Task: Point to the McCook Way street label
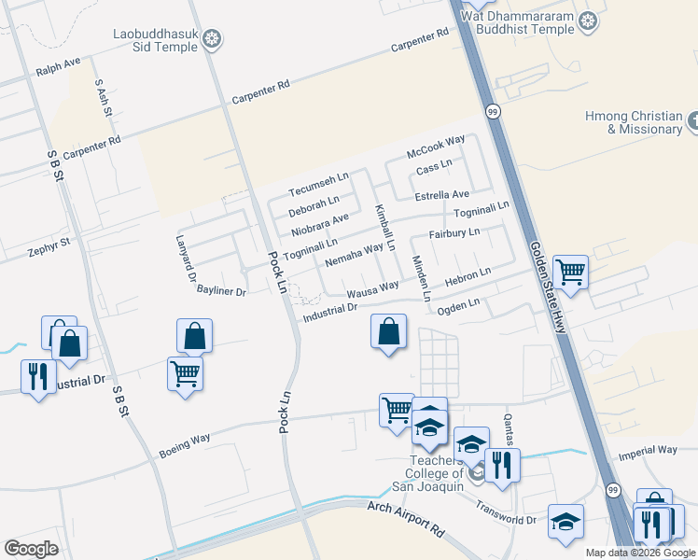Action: [x=435, y=147]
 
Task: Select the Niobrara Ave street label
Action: [x=319, y=224]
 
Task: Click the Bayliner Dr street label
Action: [x=221, y=292]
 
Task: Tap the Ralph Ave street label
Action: [x=58, y=67]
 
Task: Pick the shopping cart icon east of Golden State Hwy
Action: [x=570, y=273]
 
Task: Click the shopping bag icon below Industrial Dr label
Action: [x=388, y=332]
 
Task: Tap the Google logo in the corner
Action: [x=32, y=548]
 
